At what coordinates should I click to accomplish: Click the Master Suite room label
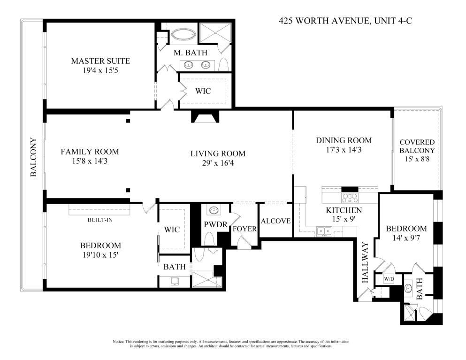pyautogui.click(x=100, y=61)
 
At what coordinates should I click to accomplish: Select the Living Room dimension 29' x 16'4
pyautogui.click(x=218, y=163)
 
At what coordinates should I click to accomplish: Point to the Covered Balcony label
pyautogui.click(x=417, y=146)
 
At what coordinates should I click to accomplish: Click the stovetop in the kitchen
pyautogui.click(x=350, y=197)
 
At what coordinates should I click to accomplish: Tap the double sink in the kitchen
pyautogui.click(x=324, y=230)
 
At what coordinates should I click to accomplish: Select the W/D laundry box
pyautogui.click(x=389, y=279)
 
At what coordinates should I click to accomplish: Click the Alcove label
pyautogui.click(x=275, y=221)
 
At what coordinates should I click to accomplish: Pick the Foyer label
pyautogui.click(x=244, y=229)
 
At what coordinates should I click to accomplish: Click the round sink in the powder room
pyautogui.click(x=214, y=210)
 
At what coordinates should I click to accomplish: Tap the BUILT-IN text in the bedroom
pyautogui.click(x=100, y=220)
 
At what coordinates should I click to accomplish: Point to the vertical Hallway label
pyautogui.click(x=365, y=263)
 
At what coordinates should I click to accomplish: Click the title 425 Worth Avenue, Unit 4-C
pyautogui.click(x=345, y=21)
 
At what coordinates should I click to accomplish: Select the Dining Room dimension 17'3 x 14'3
pyautogui.click(x=344, y=150)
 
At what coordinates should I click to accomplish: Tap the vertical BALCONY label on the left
pyautogui.click(x=34, y=157)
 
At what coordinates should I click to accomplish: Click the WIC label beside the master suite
pyautogui.click(x=203, y=91)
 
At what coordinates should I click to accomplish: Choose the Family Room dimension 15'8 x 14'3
pyautogui.click(x=90, y=161)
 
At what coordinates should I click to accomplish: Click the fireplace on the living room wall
pyautogui.click(x=205, y=116)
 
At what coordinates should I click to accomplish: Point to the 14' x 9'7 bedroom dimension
pyautogui.click(x=406, y=238)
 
